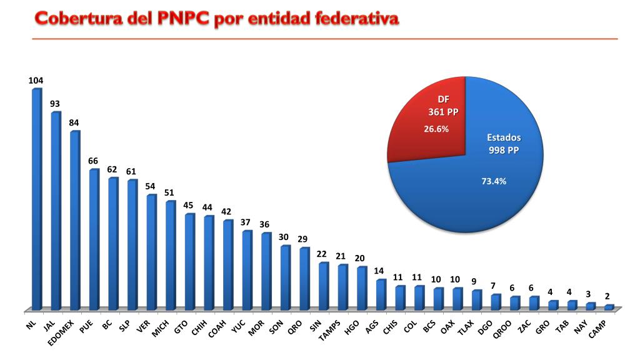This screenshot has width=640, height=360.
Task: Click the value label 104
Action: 36,81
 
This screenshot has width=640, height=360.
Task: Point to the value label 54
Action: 150,186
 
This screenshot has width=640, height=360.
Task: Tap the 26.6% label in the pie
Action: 437,129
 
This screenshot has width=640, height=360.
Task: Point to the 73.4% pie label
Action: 494,181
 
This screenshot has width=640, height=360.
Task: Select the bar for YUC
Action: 247,270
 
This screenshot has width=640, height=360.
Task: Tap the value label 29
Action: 303,239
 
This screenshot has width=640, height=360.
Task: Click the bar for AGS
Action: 381,294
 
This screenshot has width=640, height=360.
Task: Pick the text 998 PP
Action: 504,150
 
